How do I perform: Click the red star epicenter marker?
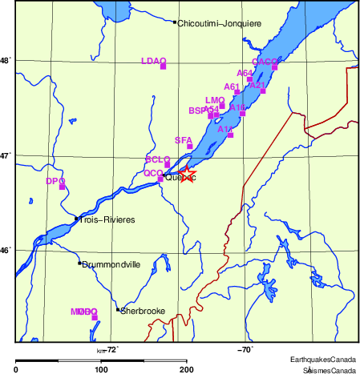[186, 175]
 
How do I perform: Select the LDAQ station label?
[152, 61]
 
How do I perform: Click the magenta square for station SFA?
[190, 146]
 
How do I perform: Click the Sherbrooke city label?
[143, 311]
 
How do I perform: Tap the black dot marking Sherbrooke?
[118, 309]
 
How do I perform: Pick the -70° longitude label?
[245, 349]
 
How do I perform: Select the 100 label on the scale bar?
[101, 369]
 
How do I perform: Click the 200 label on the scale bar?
[186, 369]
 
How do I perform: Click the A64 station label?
[245, 73]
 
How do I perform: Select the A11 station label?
[225, 128]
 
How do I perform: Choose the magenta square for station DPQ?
[63, 187]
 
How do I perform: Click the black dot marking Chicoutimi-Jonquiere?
[175, 22]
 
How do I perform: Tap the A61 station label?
[232, 86]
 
